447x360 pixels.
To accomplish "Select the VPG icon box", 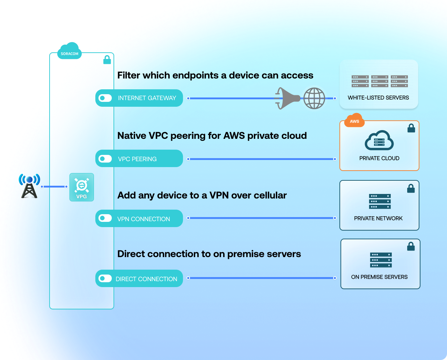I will point(82,187).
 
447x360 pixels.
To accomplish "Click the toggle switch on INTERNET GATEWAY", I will point(105,98).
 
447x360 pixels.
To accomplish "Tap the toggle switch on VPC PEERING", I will point(105,159).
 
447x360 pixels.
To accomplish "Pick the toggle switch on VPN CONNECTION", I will point(105,218).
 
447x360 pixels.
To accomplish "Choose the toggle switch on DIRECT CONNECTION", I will point(105,278).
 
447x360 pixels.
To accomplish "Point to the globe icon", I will point(314,98).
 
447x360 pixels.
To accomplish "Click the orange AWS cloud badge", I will point(354,120).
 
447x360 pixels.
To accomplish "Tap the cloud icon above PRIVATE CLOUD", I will point(379,141).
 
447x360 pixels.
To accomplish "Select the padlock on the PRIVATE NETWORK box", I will point(411,189).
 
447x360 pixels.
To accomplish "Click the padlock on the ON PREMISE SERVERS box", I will point(411,247).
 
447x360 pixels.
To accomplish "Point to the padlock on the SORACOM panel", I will point(107,60).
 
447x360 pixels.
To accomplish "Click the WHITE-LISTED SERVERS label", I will point(378,98).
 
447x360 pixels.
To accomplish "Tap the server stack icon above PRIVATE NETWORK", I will point(380,201).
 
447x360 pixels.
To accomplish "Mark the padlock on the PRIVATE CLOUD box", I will point(411,128).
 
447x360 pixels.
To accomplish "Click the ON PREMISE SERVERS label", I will point(379,277).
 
